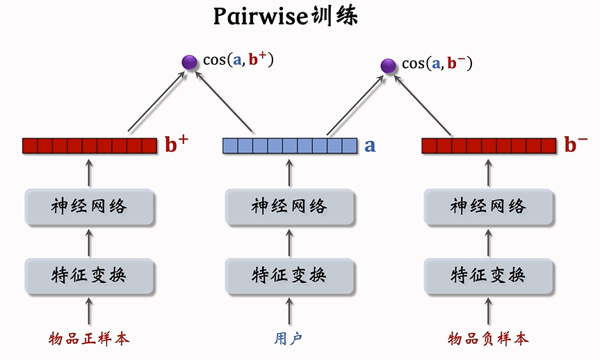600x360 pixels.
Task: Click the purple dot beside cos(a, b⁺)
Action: pyautogui.click(x=188, y=62)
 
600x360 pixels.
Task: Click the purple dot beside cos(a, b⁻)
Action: pyautogui.click(x=389, y=66)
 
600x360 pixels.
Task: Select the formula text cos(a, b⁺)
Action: pyautogui.click(x=238, y=60)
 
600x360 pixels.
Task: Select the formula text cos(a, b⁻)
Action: pyautogui.click(x=437, y=63)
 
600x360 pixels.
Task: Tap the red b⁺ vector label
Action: pyautogui.click(x=177, y=144)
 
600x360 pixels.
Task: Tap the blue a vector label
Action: pyautogui.click(x=370, y=146)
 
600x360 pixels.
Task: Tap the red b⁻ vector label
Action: pyautogui.click(x=576, y=144)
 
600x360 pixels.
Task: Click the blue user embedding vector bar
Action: pyautogui.click(x=289, y=146)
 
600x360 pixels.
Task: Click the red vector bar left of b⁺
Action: pyautogui.click(x=90, y=146)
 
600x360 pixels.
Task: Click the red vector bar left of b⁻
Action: pyautogui.click(x=489, y=146)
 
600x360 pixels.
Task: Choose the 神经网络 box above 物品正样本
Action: pyautogui.click(x=89, y=206)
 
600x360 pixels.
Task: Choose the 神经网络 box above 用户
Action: pyautogui.click(x=289, y=206)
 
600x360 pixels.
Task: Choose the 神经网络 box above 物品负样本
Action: pyautogui.click(x=488, y=206)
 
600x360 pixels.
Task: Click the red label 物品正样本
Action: pyautogui.click(x=89, y=338)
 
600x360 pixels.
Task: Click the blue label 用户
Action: pyautogui.click(x=289, y=338)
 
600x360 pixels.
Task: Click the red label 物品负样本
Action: pyautogui.click(x=488, y=338)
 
